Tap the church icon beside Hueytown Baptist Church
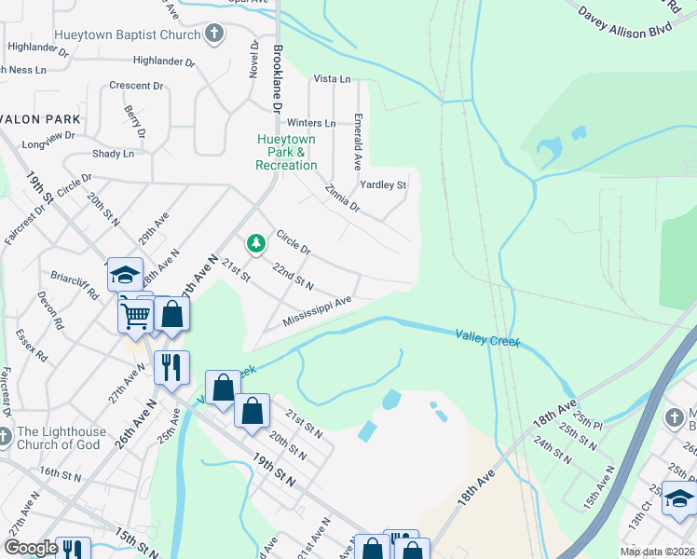coord(214,34)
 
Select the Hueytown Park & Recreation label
coord(286,152)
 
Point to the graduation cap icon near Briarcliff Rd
coord(126,274)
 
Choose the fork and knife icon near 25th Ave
coord(171,367)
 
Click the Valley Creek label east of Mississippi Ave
coord(487,338)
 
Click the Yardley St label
coord(383,185)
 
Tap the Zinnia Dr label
coord(342,198)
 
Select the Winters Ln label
coord(311,123)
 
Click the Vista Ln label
coord(333,79)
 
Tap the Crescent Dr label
coord(136,86)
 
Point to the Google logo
coord(31,548)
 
